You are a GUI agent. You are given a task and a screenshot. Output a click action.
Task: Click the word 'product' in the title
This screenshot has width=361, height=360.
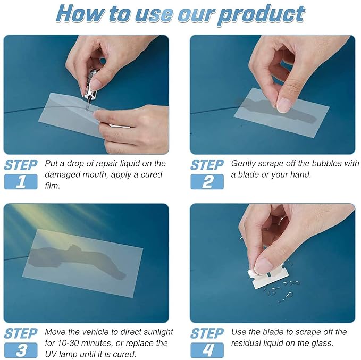click(261, 15)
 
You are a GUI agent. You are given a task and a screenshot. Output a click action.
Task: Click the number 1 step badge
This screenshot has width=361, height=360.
click(21, 182)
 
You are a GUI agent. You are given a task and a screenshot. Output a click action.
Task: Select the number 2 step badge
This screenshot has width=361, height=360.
click(207, 182)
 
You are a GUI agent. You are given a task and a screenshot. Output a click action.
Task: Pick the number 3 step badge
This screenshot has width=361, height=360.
click(21, 350)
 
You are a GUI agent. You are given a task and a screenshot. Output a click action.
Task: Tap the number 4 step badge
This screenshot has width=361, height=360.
click(207, 350)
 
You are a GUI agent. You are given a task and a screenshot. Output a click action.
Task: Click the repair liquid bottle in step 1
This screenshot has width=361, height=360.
click(90, 85)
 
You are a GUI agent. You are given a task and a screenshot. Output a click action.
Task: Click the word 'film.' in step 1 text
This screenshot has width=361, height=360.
click(53, 186)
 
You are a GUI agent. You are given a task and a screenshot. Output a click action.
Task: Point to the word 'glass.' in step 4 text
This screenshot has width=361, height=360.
click(322, 343)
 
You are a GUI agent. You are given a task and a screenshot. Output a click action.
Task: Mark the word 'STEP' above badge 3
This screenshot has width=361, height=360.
click(21, 333)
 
